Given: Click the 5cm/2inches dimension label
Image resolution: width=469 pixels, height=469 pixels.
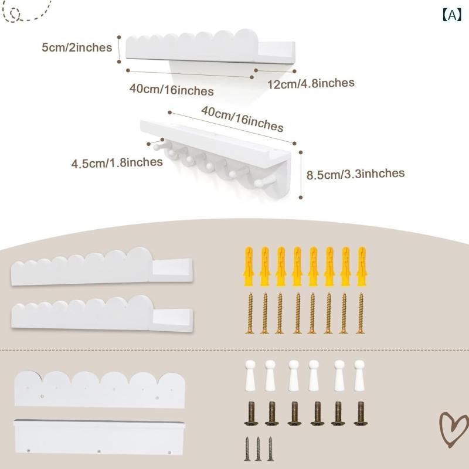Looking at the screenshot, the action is click(x=77, y=47).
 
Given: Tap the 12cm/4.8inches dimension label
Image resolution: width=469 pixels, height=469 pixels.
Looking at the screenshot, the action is click(x=311, y=83).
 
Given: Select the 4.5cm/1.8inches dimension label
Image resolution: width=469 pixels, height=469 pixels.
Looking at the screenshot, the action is click(x=117, y=163).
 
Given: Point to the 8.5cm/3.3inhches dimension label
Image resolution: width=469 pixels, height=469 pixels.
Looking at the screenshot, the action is click(x=356, y=174).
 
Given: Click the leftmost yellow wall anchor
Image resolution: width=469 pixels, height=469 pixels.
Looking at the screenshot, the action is click(x=249, y=266).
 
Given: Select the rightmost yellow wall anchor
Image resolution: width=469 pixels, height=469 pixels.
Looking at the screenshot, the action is click(x=362, y=266).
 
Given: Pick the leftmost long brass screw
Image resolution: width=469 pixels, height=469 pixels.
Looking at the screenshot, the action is click(x=250, y=313).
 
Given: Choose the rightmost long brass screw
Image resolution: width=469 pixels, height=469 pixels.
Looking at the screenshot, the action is click(x=361, y=313).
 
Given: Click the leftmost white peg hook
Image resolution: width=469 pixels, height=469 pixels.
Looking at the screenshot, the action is click(x=250, y=375).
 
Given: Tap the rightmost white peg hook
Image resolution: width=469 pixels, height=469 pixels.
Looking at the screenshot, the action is click(x=359, y=375).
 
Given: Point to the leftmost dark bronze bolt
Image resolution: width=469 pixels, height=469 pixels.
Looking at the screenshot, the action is click(x=252, y=413).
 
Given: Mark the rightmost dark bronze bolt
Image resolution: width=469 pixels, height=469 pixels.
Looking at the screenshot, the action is click(x=361, y=413).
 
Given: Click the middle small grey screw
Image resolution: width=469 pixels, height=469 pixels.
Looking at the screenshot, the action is click(x=258, y=448).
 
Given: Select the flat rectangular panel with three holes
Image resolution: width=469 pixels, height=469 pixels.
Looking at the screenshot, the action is click(x=99, y=437).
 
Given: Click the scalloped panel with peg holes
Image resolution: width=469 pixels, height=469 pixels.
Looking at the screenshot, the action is click(x=100, y=389).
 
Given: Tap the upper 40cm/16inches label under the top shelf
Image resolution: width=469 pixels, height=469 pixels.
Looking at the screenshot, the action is click(x=171, y=90).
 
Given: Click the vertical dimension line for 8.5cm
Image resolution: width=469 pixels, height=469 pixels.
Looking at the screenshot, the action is click(x=301, y=175).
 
